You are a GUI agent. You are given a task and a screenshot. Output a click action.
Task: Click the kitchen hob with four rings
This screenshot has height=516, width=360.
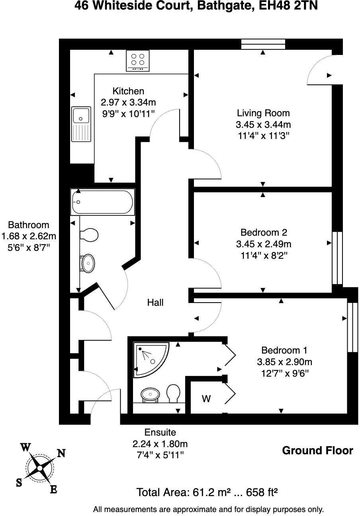point(138,61)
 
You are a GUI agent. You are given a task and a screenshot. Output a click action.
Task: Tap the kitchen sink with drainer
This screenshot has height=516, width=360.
point(81,124)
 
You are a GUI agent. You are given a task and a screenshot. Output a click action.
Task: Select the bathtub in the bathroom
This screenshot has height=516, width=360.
point(103,202)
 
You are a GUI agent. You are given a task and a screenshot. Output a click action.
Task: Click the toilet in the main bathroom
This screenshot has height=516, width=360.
point(89,235)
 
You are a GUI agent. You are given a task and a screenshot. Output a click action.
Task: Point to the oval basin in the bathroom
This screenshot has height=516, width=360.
point(88,263)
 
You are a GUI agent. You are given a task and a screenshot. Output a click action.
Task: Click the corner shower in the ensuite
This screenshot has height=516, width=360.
point(151,360)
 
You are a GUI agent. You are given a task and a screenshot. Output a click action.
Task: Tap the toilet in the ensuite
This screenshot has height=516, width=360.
point(173,393)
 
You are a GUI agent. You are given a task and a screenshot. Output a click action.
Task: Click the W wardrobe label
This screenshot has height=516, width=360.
point(206,399)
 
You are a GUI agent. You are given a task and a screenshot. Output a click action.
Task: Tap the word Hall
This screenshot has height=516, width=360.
point(155,303)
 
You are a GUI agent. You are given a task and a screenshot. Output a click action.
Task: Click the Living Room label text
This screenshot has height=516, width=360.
point(263,113)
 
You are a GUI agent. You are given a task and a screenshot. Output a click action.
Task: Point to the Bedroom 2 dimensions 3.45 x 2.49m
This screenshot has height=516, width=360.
point(264,244)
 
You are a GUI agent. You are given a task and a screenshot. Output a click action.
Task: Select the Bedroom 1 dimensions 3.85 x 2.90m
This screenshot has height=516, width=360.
point(284,362)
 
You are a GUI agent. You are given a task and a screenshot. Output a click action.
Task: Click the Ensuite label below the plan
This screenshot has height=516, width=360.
point(160,432)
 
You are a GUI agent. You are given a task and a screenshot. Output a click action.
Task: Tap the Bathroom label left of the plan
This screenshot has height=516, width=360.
point(29,225)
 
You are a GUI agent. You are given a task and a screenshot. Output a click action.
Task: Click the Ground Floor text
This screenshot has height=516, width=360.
point(318,451)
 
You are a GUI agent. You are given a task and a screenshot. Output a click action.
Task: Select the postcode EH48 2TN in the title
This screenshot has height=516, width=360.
point(288,6)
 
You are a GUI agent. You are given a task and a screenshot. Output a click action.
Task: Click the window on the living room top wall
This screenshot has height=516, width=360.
point(263,44)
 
